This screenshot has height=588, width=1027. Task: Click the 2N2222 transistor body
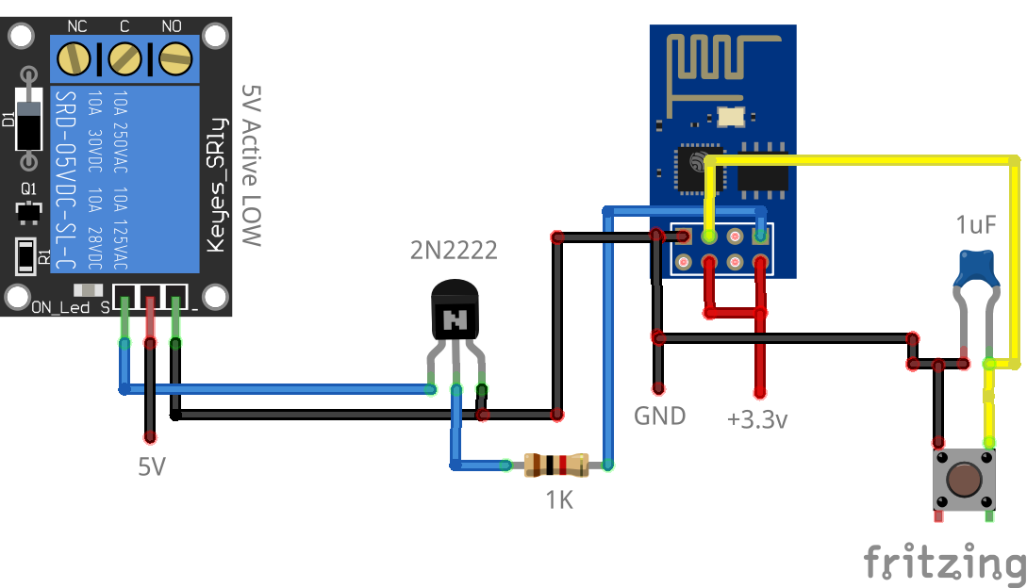tap(456, 315)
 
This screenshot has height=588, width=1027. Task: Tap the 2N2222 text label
tap(453, 251)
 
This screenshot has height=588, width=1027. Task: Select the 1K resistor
tap(556, 465)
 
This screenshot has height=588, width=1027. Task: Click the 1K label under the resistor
tap(559, 500)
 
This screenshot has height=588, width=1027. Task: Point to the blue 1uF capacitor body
tap(975, 269)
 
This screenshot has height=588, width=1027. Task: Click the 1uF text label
tap(975, 226)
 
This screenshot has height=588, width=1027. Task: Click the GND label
tap(659, 416)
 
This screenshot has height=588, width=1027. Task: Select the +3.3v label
tap(757, 419)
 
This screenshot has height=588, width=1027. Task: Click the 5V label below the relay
tap(152, 465)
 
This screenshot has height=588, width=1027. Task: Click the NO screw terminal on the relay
tap(173, 60)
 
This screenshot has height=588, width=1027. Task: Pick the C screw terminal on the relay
tap(124, 60)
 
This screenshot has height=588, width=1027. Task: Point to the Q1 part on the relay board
tap(29, 208)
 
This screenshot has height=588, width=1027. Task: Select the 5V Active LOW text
tap(250, 165)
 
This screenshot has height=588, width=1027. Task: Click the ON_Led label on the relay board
tap(59, 308)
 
